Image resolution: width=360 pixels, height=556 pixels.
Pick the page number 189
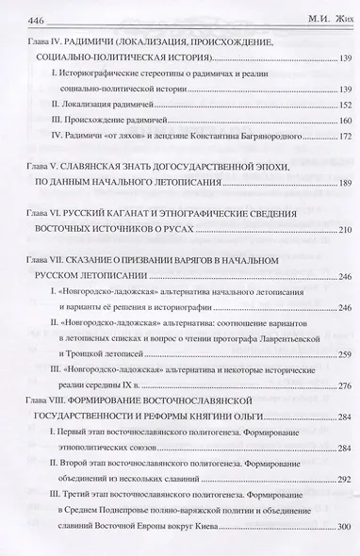pyautogui.click(x=337, y=182)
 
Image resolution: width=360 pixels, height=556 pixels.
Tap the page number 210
pyautogui.click(x=337, y=231)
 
